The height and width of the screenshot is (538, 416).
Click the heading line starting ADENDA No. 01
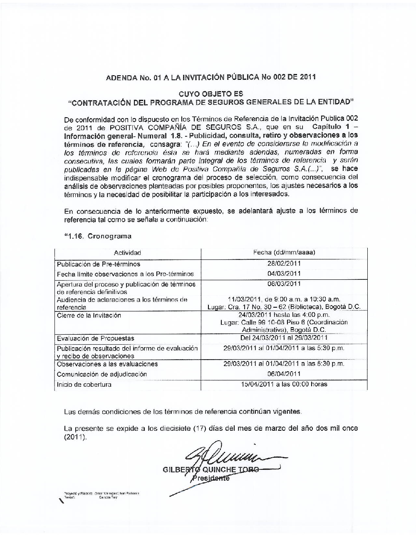[211, 77]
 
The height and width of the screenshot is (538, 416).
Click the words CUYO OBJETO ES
[211, 94]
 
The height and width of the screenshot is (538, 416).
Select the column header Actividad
[128, 253]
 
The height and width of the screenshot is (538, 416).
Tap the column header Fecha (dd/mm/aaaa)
[284, 252]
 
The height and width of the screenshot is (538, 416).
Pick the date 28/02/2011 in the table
[284, 263]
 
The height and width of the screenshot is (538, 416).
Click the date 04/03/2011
[284, 274]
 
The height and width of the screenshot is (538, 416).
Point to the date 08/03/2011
[284, 284]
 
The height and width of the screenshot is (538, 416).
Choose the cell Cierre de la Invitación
[89, 315]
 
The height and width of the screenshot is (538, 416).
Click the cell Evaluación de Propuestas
[95, 338]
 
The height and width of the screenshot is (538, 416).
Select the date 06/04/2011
[284, 374]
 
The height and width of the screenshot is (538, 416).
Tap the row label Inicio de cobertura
[84, 385]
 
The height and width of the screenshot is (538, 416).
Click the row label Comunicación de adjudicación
[102, 374]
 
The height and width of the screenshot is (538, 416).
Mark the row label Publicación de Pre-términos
[99, 264]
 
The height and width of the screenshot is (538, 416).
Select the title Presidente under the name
[211, 478]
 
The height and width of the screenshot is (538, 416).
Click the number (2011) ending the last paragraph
[75, 437]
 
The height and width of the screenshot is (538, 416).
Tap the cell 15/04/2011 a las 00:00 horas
[284, 384]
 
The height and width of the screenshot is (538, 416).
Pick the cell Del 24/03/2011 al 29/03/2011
[284, 338]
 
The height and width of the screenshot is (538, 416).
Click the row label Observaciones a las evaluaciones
[107, 364]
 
